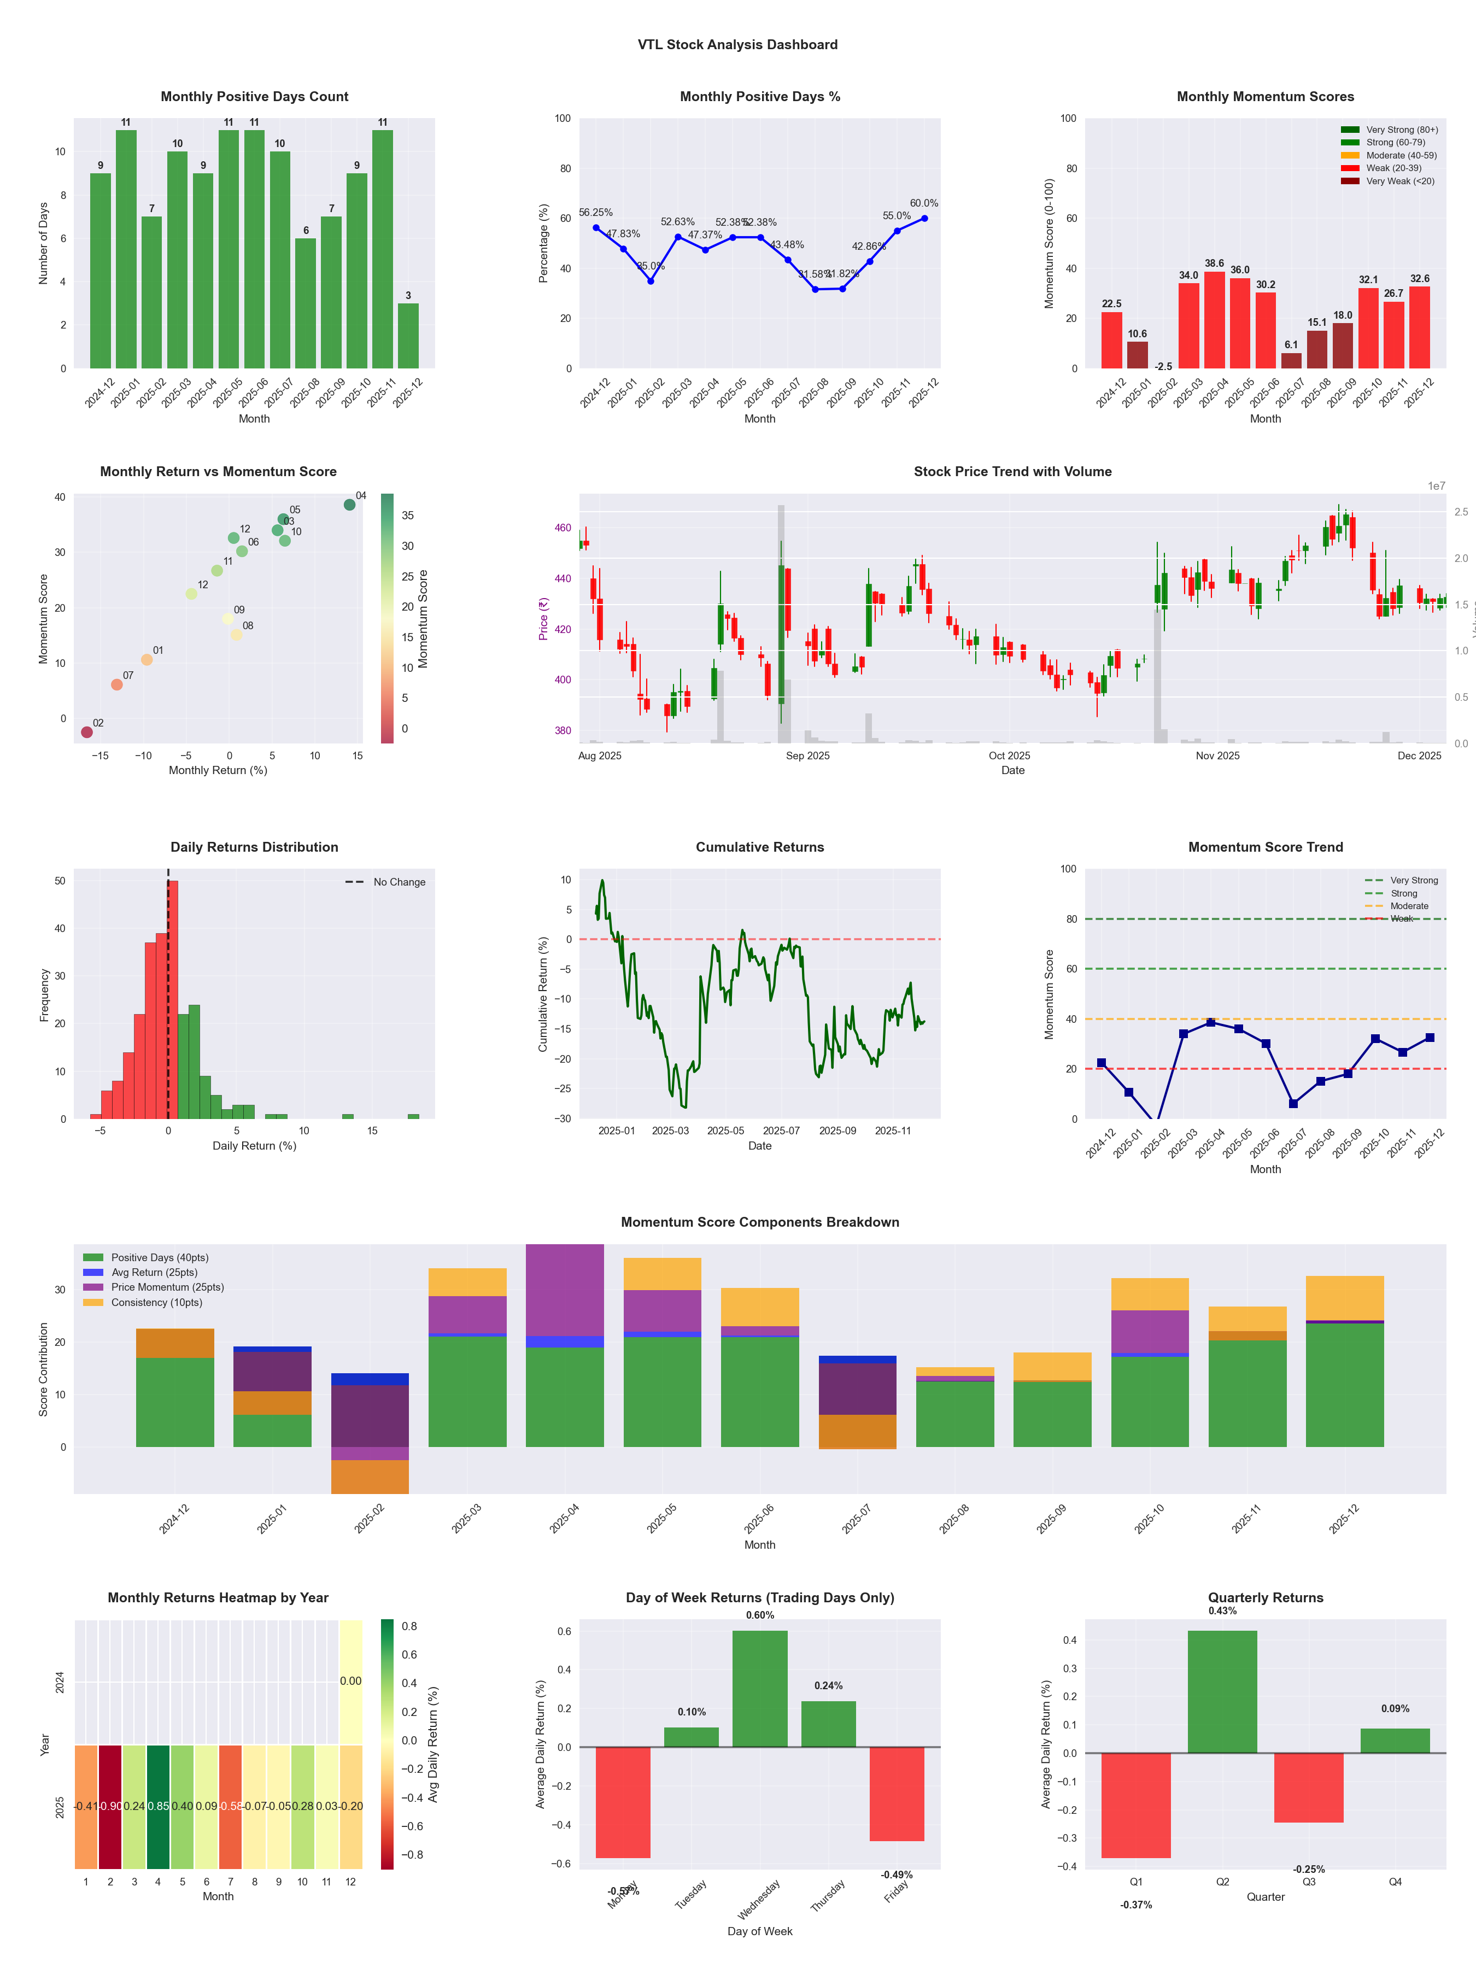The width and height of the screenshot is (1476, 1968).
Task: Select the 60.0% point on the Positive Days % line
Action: pyautogui.click(x=924, y=218)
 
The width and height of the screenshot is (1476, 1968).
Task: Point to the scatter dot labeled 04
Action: pyautogui.click(x=350, y=505)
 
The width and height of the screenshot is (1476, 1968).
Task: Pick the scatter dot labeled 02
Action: pyautogui.click(x=86, y=732)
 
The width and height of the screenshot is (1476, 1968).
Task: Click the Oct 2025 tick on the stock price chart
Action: pyautogui.click(x=1009, y=755)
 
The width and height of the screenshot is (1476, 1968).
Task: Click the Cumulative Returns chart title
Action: pyautogui.click(x=760, y=847)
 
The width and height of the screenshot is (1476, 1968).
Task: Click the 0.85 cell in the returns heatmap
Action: pyautogui.click(x=159, y=1806)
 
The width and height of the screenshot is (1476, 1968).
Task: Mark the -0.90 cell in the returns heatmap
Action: pyautogui.click(x=110, y=1806)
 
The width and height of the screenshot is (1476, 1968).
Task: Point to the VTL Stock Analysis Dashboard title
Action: pyautogui.click(x=737, y=44)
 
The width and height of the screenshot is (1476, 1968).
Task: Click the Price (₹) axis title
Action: pyautogui.click(x=543, y=618)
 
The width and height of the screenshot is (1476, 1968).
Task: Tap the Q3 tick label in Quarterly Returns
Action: pyautogui.click(x=1309, y=1882)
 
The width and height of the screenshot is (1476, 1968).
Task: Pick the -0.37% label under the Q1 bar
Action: pyautogui.click(x=1136, y=1905)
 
